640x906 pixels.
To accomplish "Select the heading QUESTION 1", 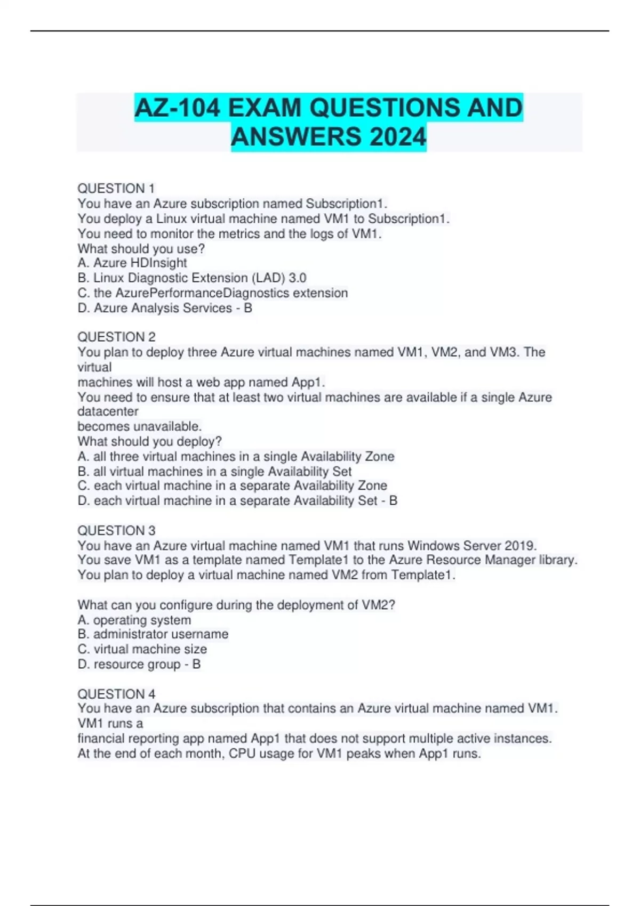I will pos(116,189).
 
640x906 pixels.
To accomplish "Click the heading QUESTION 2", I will pos(116,337).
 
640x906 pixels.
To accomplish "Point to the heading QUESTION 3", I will pos(116,530).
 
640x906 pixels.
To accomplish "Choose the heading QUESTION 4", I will pos(116,694).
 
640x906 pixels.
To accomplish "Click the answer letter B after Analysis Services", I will pos(248,308).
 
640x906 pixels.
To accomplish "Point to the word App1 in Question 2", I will pos(308,382).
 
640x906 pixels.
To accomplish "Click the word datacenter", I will pos(108,411).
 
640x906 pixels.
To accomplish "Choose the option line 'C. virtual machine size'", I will pos(142,649).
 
